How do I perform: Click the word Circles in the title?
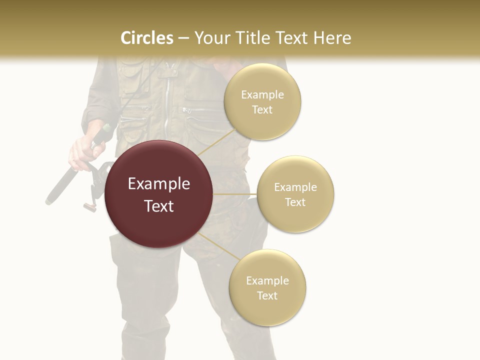pos(147,38)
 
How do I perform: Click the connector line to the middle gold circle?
pos(234,194)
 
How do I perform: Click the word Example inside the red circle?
pos(159,184)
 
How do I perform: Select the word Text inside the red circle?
pos(159,206)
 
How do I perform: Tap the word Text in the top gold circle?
pos(262,110)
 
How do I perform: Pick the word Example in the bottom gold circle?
pos(267,280)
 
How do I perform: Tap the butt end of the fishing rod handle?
pos(50,200)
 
